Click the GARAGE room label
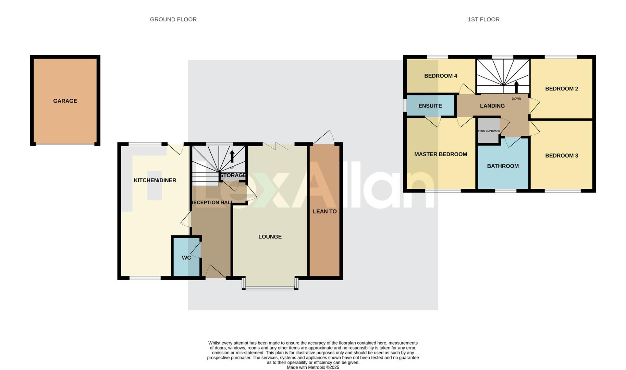click(65, 101)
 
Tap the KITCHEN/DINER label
click(155, 181)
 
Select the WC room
click(186, 258)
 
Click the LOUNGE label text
click(270, 237)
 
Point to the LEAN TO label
click(324, 212)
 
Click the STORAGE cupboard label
click(233, 175)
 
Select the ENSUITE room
click(430, 106)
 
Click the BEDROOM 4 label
click(441, 76)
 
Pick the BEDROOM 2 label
click(562, 89)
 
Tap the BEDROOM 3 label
click(562, 156)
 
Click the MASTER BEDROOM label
click(441, 155)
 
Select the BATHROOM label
click(503, 166)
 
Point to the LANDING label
click(492, 106)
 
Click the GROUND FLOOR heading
click(173, 20)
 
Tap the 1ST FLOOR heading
click(483, 20)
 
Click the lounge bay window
click(270, 288)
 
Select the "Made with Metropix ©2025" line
click(313, 367)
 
